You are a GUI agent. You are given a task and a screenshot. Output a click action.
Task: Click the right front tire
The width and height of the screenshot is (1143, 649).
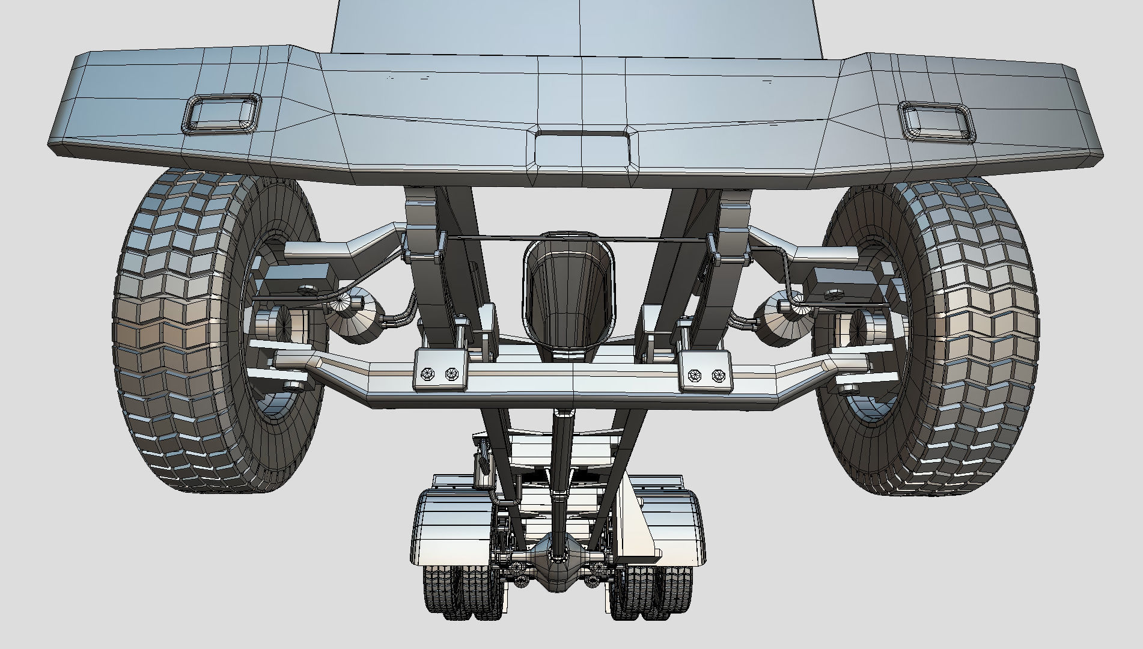pyautogui.click(x=968, y=337)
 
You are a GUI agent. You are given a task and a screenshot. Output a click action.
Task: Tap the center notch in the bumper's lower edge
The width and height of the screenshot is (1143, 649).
pyautogui.click(x=582, y=147)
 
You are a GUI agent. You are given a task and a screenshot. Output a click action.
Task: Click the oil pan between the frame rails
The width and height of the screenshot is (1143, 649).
pyautogui.click(x=569, y=294)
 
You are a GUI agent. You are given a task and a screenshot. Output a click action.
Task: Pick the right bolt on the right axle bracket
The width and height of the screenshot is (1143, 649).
pyautogui.click(x=717, y=376)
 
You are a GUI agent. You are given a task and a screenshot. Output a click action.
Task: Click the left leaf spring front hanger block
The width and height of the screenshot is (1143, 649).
pyautogui.click(x=421, y=210)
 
